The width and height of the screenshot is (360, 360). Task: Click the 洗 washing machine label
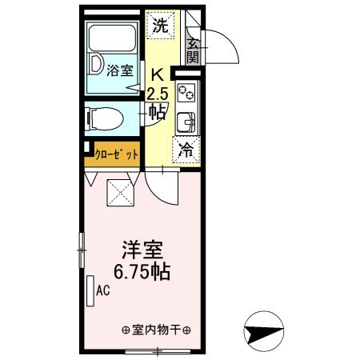pos(161,25)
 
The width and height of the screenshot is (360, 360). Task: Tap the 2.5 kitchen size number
pos(158,92)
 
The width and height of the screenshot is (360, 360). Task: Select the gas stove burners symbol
pos(186,92)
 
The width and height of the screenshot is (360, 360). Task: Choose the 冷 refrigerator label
pos(186,149)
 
